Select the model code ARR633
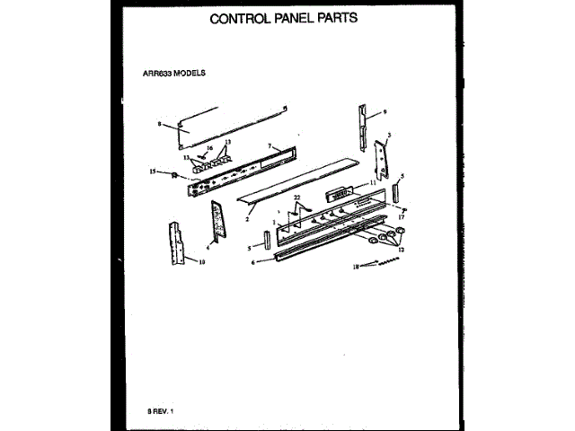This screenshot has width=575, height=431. point(157,75)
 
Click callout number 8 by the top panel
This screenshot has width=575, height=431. point(159,124)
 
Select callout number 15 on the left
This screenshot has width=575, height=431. point(153,170)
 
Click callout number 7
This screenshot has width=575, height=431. point(269,145)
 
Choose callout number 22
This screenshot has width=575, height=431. point(296,198)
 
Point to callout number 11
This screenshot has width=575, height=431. point(371,183)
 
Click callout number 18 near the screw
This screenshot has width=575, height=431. point(355,267)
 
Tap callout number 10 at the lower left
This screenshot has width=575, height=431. point(201,262)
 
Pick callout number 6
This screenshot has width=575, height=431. point(252,262)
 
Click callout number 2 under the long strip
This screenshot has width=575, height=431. point(247,216)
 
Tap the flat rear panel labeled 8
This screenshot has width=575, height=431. point(229,127)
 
